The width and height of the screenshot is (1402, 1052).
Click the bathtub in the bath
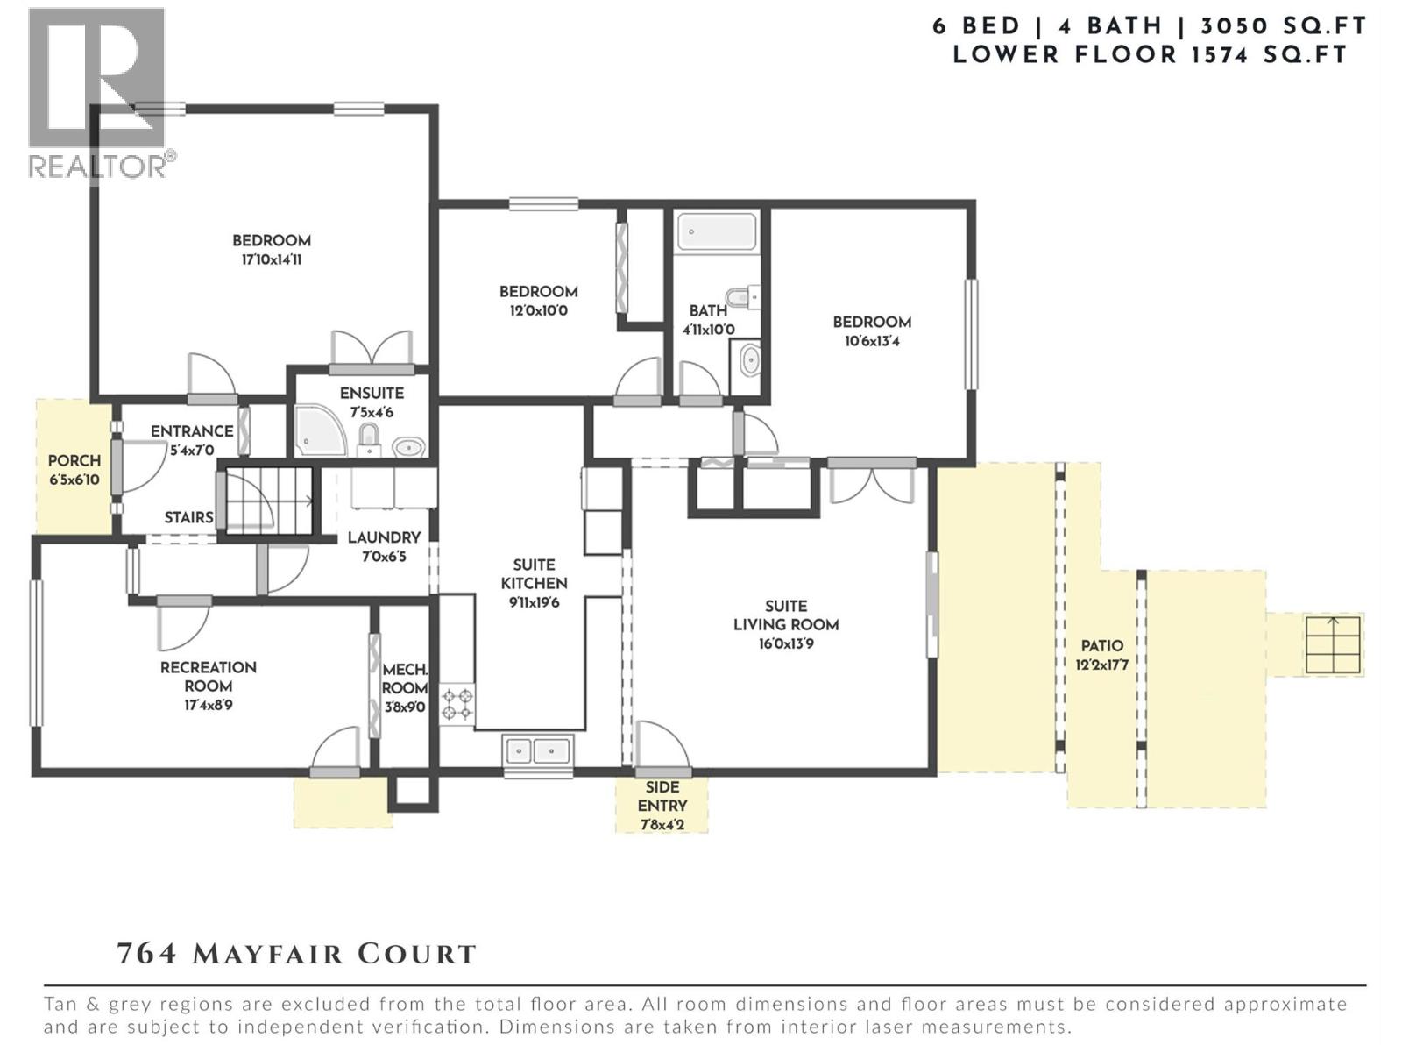717,231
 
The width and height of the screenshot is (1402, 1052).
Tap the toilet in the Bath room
743,297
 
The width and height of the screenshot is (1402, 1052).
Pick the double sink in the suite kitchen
537,750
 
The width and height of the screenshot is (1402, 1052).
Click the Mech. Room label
405,679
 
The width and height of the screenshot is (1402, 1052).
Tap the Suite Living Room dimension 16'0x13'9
786,643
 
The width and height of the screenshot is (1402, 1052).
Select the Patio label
1101,646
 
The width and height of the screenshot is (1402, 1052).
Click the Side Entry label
662,797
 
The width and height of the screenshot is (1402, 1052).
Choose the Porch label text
74,460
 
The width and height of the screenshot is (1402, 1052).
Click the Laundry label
384,537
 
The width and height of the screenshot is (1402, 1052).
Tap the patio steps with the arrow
1333,645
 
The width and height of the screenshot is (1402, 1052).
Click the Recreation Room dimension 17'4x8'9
209,706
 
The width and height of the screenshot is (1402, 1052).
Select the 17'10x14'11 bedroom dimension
272,260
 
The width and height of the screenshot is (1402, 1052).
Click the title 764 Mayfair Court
297,954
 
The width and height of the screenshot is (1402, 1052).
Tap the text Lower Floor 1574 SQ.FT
1150,55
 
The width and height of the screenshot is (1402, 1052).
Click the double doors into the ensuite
372,352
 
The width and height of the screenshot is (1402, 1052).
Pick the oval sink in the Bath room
750,359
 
